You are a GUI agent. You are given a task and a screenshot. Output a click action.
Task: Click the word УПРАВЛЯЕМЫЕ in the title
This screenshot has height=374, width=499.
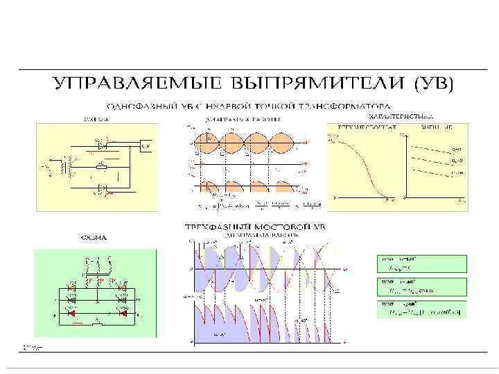tap(130, 84)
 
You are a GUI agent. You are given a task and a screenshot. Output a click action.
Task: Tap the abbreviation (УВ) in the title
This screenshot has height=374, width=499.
tap(433, 84)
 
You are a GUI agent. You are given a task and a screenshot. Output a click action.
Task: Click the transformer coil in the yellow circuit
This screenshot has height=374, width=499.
tap(67, 167)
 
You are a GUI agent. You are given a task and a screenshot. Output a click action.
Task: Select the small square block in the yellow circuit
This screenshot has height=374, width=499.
tap(145, 145)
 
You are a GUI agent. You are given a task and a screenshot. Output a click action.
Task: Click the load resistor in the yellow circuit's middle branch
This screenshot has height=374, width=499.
tap(102, 167)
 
